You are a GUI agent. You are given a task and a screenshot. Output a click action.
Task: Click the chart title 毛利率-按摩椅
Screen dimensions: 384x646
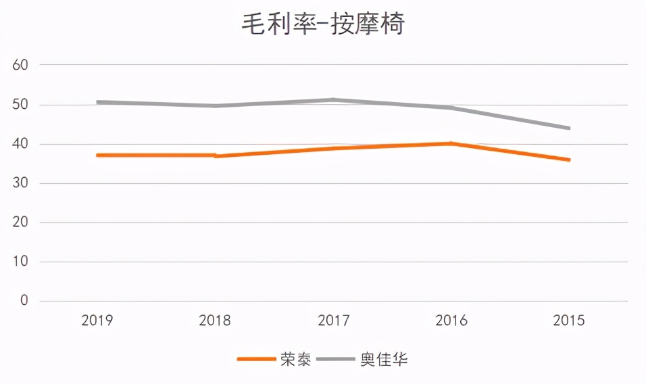pos(323,25)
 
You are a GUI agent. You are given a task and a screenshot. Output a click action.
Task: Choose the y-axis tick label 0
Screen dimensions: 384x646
pos(24,301)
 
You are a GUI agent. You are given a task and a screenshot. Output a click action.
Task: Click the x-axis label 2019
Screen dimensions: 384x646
pos(97,320)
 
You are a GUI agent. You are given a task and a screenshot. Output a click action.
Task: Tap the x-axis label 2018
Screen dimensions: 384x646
pos(215,320)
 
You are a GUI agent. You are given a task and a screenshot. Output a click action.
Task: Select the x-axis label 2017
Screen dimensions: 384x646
pos(333,320)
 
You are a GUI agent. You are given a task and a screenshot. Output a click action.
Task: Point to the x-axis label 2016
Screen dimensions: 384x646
pos(451,320)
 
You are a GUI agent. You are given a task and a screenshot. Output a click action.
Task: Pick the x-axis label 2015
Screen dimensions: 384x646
pos(569,320)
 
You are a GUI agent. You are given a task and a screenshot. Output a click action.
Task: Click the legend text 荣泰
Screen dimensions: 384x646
pos(296,359)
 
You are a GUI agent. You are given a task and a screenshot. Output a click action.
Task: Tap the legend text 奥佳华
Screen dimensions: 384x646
pos(384,359)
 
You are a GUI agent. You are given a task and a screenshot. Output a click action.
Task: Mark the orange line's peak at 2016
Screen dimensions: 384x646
pos(451,143)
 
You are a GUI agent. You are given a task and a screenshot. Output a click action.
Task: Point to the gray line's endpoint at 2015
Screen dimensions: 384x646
pos(569,128)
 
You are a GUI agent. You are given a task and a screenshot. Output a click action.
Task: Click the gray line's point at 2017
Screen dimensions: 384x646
pos(333,100)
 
